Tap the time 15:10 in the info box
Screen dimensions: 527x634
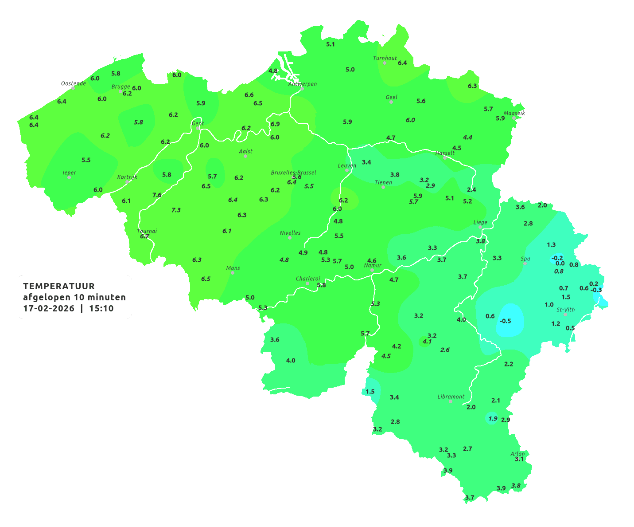click(x=101, y=308)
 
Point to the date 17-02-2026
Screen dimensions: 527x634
click(x=49, y=308)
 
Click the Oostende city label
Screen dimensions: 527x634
click(x=73, y=83)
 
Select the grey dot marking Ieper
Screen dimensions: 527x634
click(x=69, y=177)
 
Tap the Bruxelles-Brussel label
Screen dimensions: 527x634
click(x=293, y=172)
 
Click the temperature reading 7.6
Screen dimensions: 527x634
click(x=157, y=195)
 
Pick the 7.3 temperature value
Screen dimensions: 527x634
click(x=176, y=210)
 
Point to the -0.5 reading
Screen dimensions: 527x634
click(x=505, y=321)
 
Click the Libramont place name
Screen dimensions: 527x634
click(x=451, y=397)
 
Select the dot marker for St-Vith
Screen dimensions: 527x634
click(x=565, y=315)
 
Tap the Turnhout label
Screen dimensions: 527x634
click(x=385, y=58)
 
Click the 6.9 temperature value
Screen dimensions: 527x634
click(x=275, y=124)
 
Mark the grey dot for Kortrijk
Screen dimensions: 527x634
click(x=127, y=182)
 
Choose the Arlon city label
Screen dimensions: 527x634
click(x=517, y=454)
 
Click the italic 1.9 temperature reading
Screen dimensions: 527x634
click(x=493, y=418)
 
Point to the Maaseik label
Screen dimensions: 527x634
click(x=514, y=113)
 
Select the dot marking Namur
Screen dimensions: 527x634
click(x=372, y=270)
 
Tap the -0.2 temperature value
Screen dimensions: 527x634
click(x=557, y=258)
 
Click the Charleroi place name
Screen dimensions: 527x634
click(x=307, y=279)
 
